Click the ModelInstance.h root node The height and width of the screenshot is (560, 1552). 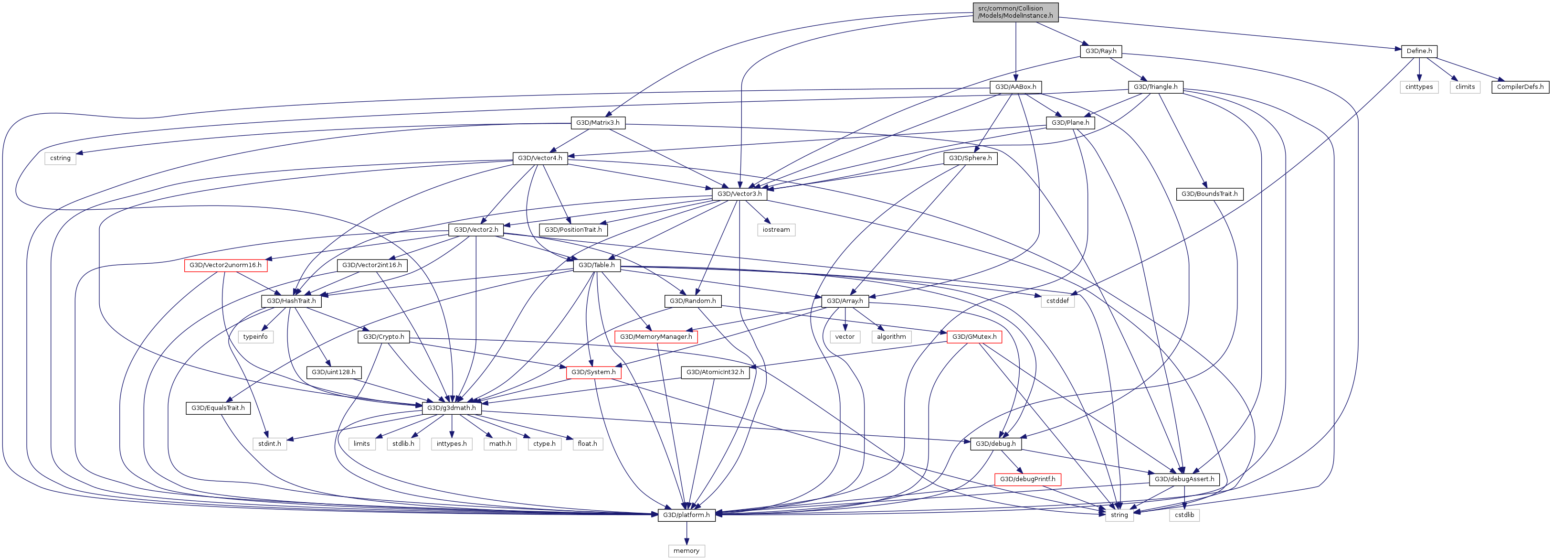(1015, 12)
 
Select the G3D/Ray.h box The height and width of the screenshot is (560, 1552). (1100, 51)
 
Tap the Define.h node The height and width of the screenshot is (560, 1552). (1419, 51)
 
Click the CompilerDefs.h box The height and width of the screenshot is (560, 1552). (1520, 87)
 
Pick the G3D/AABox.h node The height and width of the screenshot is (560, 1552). (1015, 87)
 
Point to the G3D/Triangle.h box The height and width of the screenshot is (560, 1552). (1155, 87)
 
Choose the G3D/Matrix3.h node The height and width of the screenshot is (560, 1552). (597, 122)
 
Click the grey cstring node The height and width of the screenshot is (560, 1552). (60, 158)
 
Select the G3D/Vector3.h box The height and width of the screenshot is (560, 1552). (739, 194)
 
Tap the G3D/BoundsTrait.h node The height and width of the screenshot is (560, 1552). (1209, 194)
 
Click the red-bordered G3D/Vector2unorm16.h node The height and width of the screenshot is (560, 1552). (225, 265)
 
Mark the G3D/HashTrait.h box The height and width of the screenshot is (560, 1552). (291, 301)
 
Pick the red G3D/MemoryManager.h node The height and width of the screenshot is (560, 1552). (655, 336)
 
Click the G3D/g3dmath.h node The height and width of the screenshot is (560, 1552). (451, 408)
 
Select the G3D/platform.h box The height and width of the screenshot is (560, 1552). (686, 515)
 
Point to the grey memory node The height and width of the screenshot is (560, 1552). (686, 551)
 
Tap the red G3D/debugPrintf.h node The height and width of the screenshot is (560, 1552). (1027, 479)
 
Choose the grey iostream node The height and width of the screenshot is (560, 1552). (776, 230)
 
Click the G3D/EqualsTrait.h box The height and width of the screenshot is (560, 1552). (218, 408)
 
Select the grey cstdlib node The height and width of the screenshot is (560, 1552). (1184, 515)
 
